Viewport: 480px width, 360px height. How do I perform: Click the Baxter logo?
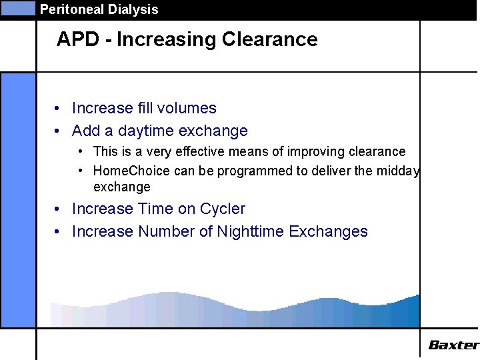tap(453, 345)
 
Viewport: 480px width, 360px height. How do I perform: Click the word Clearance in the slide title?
tap(269, 39)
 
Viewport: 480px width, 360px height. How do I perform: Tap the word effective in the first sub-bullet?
tap(202, 151)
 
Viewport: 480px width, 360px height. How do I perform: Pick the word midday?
tap(399, 171)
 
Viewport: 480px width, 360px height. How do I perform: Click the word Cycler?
tap(223, 209)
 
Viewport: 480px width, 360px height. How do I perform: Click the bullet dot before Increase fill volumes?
tap(59, 109)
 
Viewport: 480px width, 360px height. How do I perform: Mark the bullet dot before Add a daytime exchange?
tap(59, 131)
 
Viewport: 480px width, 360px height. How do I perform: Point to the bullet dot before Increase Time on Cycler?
tap(59, 209)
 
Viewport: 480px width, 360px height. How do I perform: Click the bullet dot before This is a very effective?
tap(81, 152)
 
